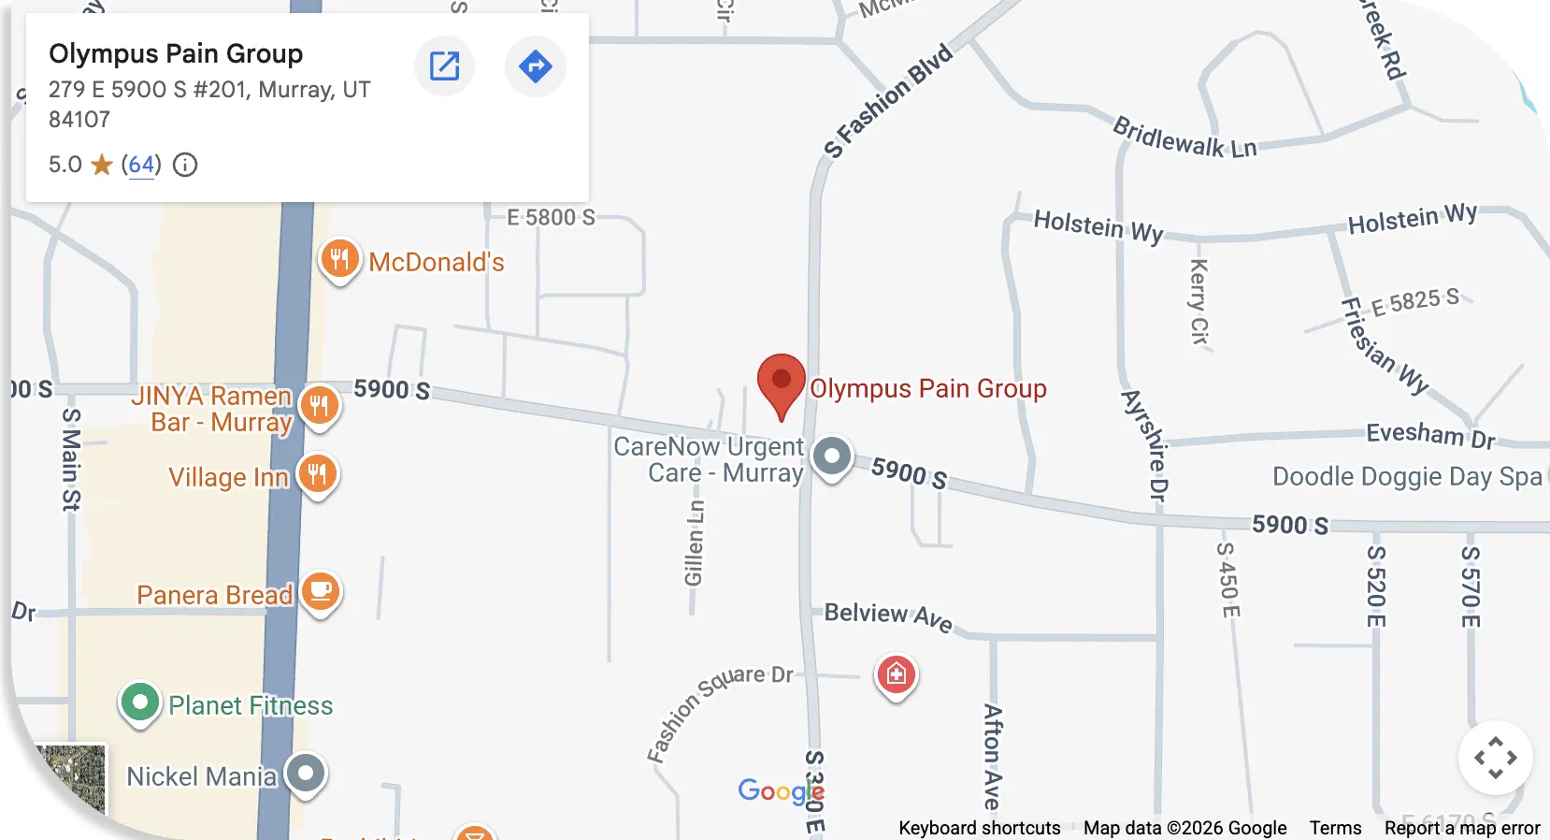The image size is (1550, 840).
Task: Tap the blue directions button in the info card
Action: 535,66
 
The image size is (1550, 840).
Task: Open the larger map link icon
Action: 444,66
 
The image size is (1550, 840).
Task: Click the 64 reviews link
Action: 141,166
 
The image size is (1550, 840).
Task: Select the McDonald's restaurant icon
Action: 339,259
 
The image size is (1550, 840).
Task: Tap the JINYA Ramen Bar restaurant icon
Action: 320,406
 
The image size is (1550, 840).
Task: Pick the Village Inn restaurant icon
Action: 318,474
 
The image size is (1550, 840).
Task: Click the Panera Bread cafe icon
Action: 321,592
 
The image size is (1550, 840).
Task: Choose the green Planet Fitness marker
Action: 140,702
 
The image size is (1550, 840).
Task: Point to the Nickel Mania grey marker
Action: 306,774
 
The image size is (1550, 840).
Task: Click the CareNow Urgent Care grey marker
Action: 831,456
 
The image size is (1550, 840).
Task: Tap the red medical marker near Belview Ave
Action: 896,673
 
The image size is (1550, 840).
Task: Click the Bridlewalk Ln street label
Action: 1184,138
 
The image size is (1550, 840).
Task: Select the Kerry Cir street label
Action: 1198,301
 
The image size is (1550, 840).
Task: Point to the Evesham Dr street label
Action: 1430,435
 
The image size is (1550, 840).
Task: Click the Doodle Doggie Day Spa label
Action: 1406,477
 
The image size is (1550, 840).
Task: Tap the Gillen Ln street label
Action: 694,543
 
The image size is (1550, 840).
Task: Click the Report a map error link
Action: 1461,828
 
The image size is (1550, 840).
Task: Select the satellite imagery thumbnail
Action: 70,781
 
